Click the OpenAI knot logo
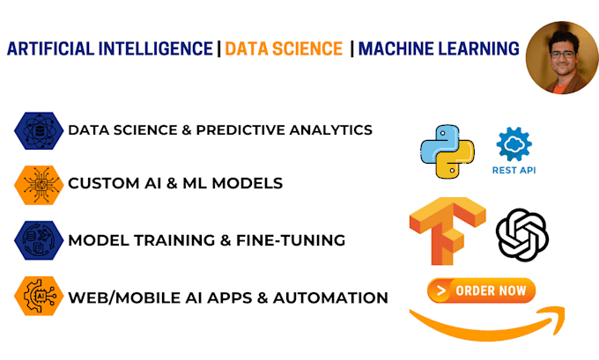pos(522,235)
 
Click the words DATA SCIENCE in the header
pos(283,49)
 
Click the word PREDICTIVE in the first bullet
pos(251,130)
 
